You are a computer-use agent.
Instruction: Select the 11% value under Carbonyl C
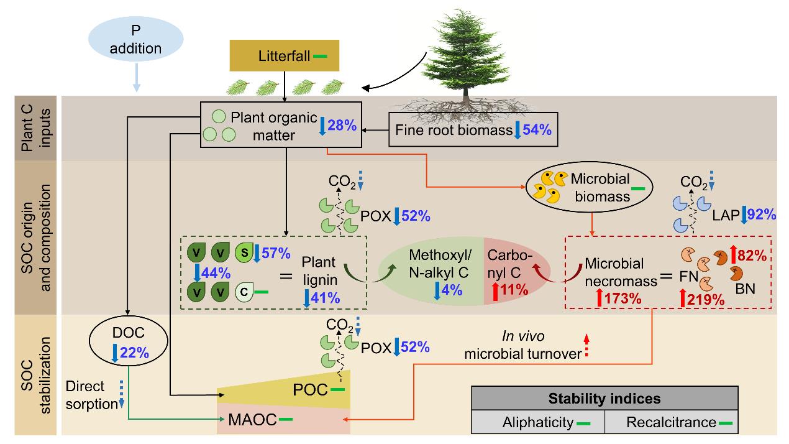(x=513, y=289)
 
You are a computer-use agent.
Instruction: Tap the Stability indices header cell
(x=604, y=398)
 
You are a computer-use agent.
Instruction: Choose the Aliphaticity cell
(x=538, y=422)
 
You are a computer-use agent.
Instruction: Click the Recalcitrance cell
(x=672, y=422)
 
